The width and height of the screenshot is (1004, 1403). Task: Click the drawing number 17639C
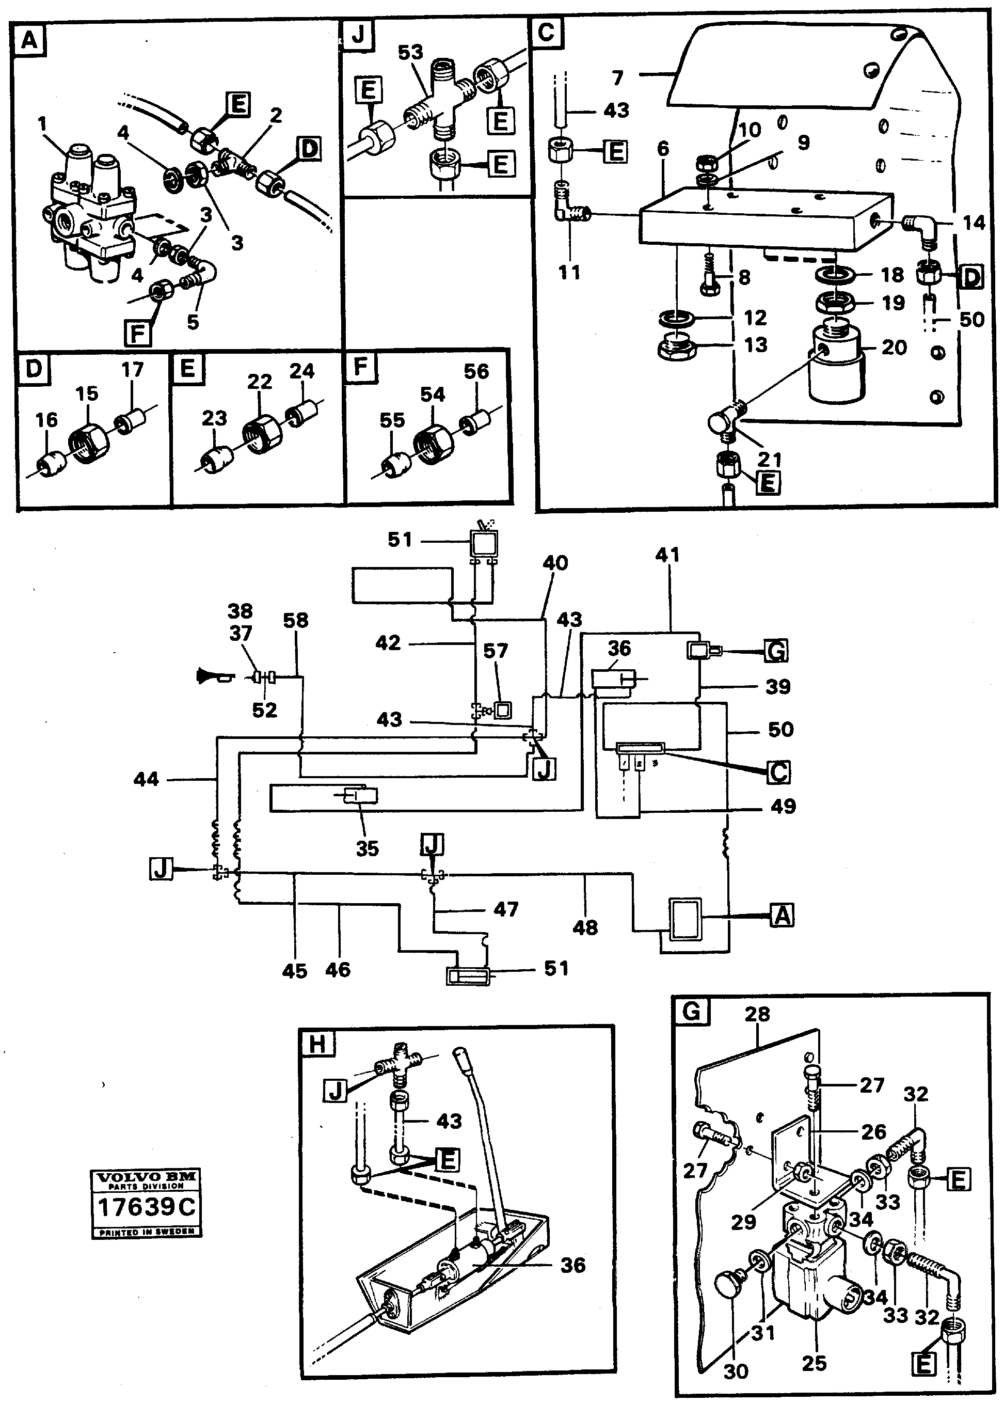tap(147, 1206)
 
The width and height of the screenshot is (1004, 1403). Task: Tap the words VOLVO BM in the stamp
tap(147, 1177)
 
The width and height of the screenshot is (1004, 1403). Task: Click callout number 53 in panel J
tap(410, 52)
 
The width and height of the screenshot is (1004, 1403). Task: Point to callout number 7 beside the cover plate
tap(617, 78)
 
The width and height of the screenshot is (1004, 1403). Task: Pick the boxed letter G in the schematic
tap(776, 651)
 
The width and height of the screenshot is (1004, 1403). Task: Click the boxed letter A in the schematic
tap(782, 915)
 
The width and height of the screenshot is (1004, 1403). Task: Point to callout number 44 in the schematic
tap(147, 779)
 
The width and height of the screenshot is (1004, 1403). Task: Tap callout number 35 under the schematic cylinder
tap(366, 848)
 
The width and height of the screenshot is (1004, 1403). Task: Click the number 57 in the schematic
tap(496, 651)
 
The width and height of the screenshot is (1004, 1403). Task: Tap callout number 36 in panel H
tap(572, 1265)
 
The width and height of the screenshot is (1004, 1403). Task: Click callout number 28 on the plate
tap(757, 1014)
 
